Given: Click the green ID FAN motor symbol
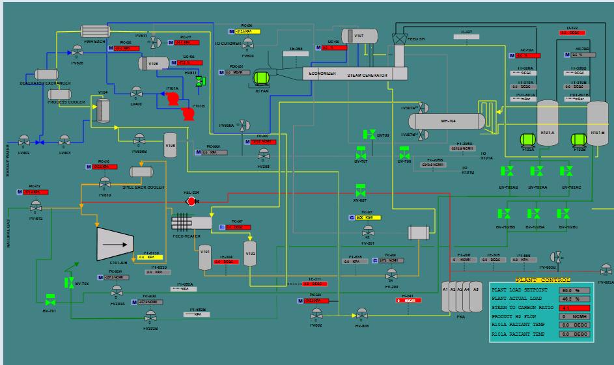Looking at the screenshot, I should [262, 78].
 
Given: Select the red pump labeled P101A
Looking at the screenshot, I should [173, 99].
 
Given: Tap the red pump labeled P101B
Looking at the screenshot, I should [188, 115].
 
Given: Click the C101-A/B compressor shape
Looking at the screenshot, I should [119, 244].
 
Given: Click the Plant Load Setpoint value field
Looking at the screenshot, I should [571, 290].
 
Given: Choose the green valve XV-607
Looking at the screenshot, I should [360, 193].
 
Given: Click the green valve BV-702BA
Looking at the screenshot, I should [534, 214].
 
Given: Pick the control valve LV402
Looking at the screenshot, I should [24, 141].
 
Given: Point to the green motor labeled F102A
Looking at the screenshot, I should [528, 139].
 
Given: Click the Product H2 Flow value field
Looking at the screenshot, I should [571, 316].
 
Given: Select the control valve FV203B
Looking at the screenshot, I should [151, 317].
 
